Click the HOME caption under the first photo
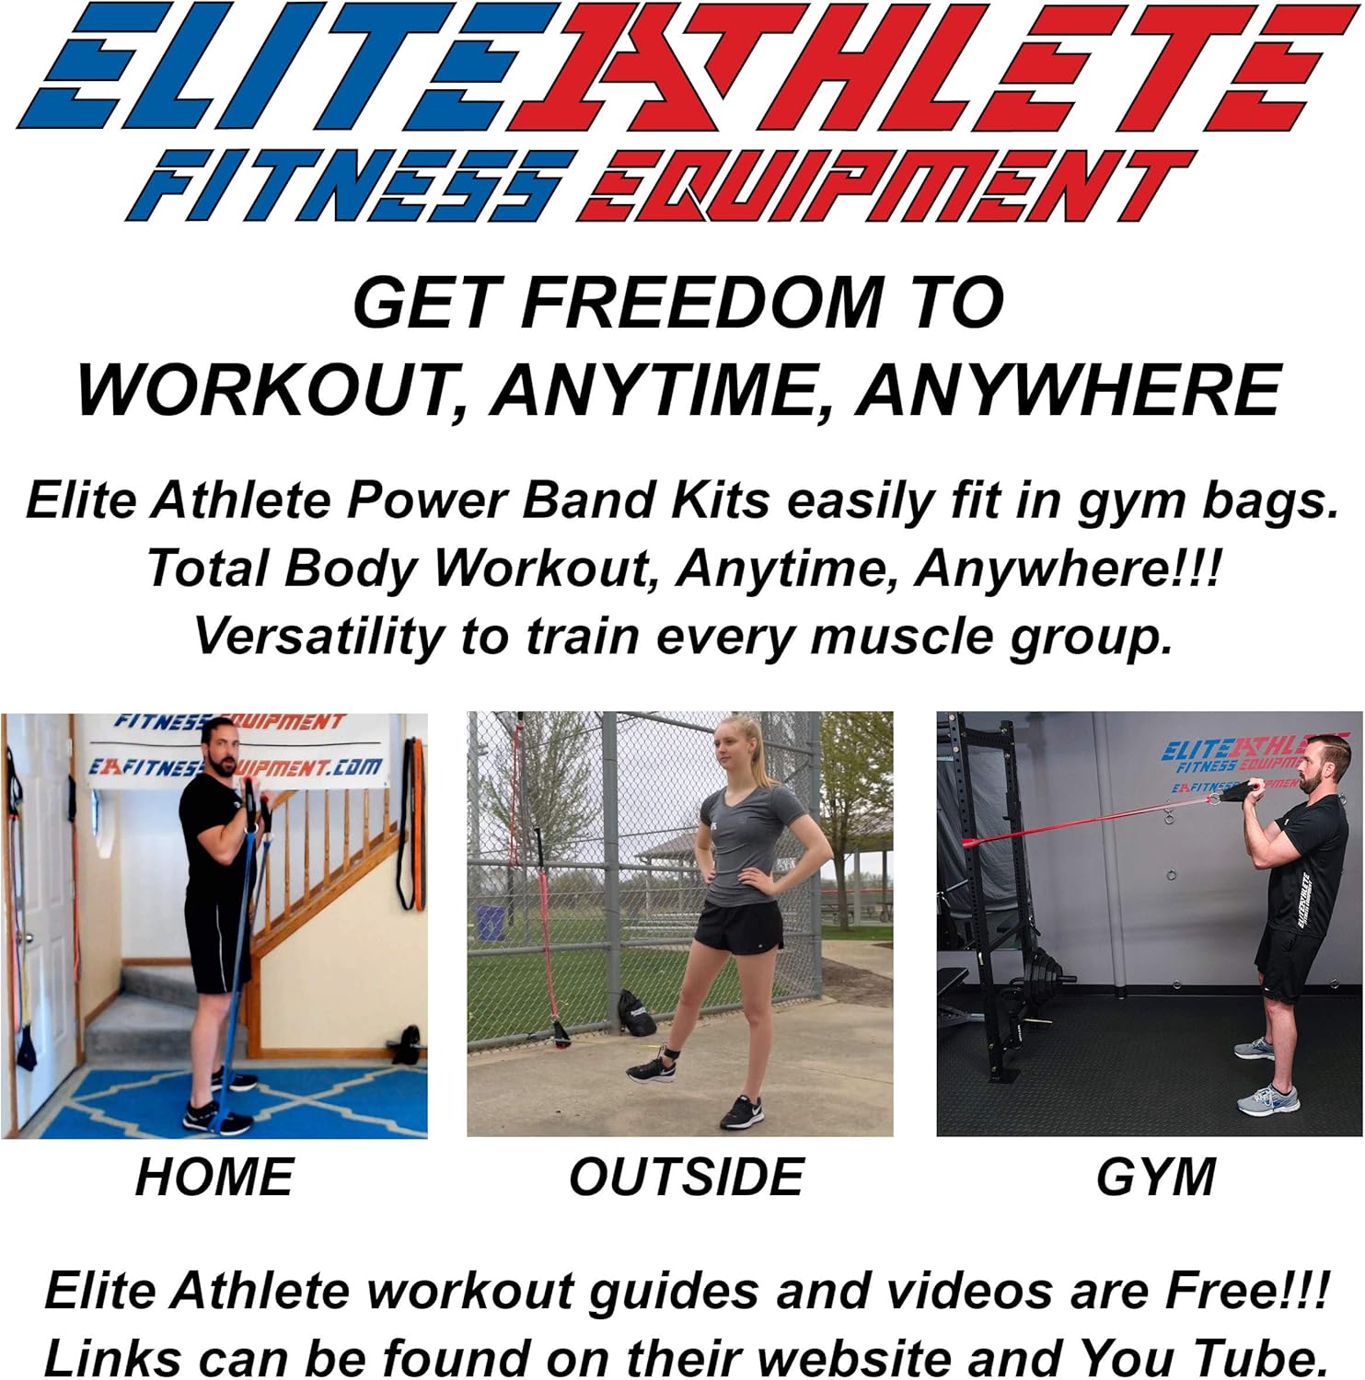(x=214, y=1177)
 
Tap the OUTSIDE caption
(x=687, y=1177)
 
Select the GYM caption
(x=1156, y=1177)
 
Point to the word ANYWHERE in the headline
(x=1068, y=390)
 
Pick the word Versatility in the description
(x=318, y=636)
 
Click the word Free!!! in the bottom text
(x=1247, y=1290)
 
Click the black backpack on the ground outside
(x=638, y=1013)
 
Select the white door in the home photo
(x=41, y=920)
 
